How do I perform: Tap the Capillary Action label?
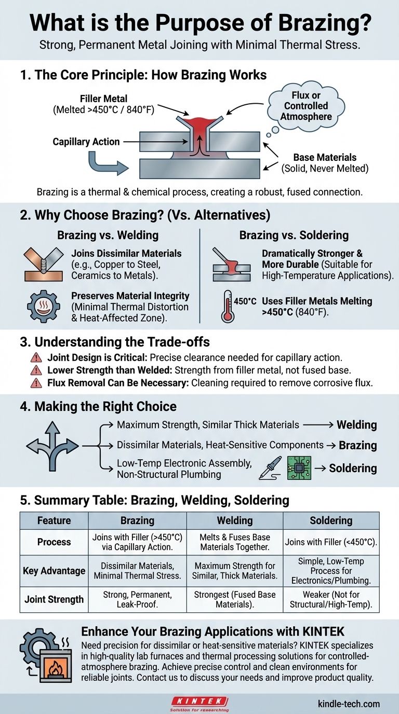click(x=86, y=142)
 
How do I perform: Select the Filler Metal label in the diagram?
click(x=103, y=104)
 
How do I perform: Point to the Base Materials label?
click(x=325, y=163)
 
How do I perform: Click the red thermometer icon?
click(x=227, y=306)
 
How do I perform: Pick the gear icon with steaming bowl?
click(x=44, y=306)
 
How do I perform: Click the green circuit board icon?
click(x=299, y=468)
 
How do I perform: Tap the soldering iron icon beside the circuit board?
click(x=270, y=468)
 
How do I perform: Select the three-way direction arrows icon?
click(x=52, y=446)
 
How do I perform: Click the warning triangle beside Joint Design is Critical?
click(x=36, y=358)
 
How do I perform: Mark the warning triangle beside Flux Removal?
click(x=36, y=383)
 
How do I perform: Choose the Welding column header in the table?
click(x=235, y=520)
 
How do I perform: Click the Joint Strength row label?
click(x=54, y=599)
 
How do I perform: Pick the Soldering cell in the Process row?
click(x=331, y=542)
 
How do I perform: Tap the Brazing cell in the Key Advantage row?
click(x=137, y=571)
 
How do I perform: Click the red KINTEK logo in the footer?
click(x=199, y=701)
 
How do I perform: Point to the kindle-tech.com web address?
click(x=349, y=704)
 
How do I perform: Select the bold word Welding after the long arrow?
click(x=357, y=424)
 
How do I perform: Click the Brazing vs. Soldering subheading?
click(x=294, y=235)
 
